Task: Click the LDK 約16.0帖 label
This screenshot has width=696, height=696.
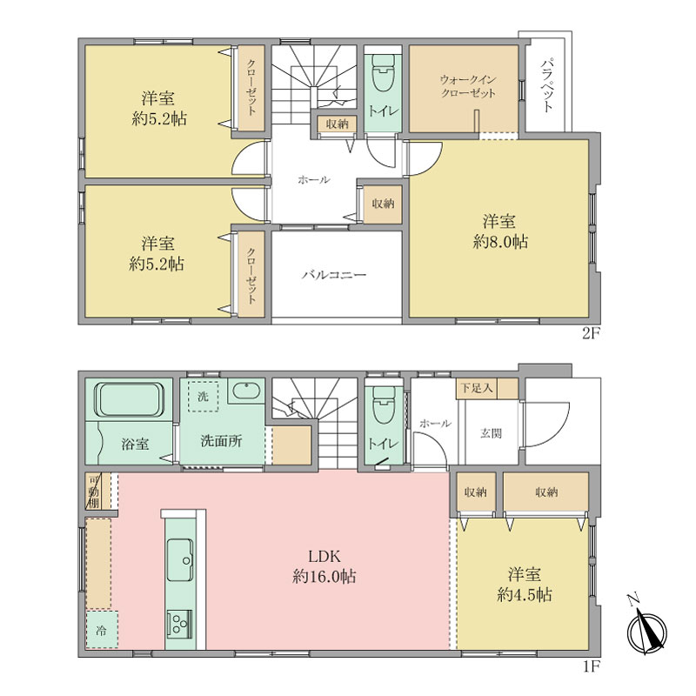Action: (x=324, y=566)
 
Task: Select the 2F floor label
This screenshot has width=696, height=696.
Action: (x=591, y=333)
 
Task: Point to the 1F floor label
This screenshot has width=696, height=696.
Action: (x=591, y=666)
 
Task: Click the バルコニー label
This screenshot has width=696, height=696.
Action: (x=334, y=275)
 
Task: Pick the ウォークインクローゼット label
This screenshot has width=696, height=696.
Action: (x=468, y=86)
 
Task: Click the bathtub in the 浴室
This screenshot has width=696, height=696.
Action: (x=129, y=400)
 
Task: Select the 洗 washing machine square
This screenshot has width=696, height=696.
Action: (x=203, y=396)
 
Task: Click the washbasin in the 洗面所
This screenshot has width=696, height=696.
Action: (x=247, y=391)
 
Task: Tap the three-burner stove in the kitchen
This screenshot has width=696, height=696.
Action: (x=180, y=625)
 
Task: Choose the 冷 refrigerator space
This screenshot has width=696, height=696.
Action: (x=102, y=629)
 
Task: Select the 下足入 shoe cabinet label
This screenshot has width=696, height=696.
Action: (x=476, y=388)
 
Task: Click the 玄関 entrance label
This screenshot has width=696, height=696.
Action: (x=491, y=433)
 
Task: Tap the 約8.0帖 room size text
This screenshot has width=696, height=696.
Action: (x=500, y=242)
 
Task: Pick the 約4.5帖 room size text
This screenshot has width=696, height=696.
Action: (x=525, y=595)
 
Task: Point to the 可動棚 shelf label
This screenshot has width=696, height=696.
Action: (x=94, y=492)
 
